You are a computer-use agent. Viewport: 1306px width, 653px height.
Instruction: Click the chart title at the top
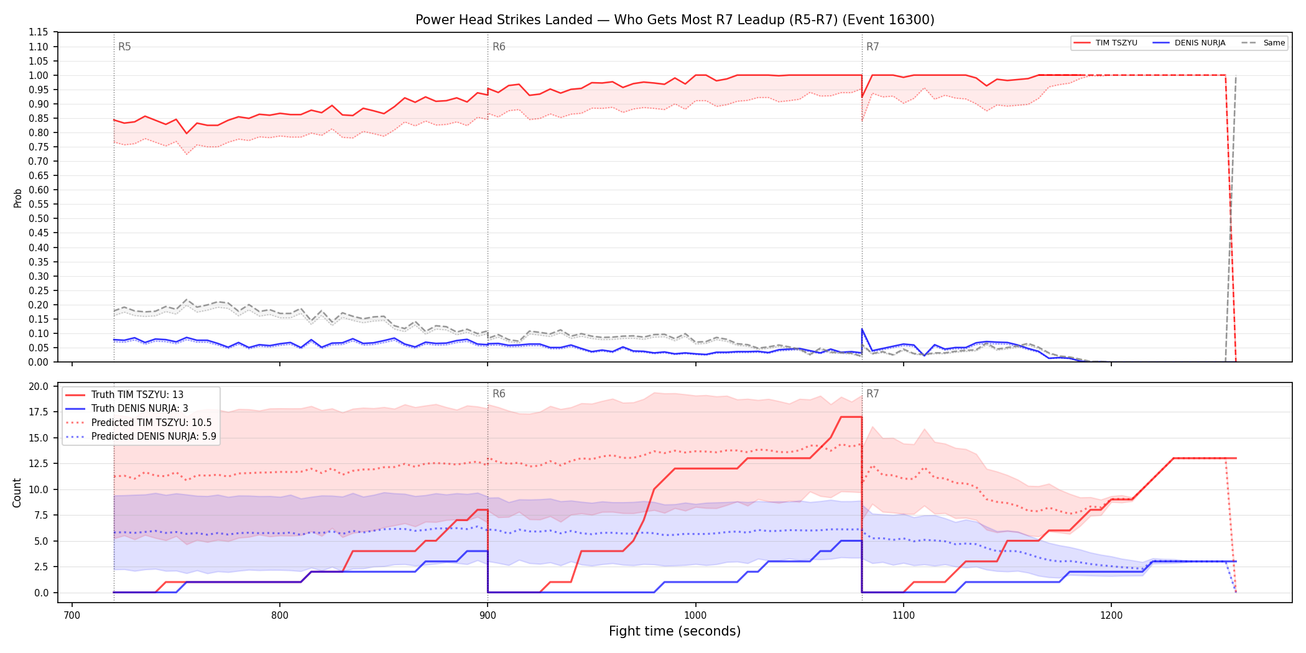675,20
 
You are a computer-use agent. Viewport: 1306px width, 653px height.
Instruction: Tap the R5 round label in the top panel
124,47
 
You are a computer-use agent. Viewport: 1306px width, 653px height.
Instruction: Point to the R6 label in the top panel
499,47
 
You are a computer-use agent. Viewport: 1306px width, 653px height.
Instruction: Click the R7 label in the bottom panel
873,394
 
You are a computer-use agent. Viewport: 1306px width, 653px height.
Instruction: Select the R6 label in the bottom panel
499,394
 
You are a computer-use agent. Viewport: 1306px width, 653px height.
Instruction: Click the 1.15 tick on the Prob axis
39,32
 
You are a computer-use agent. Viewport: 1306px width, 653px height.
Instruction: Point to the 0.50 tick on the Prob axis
39,218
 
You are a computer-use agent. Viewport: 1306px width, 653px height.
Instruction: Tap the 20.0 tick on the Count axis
39,386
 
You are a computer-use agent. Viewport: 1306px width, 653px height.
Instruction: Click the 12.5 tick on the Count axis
39,463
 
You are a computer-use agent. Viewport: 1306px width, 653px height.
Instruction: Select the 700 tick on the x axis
72,615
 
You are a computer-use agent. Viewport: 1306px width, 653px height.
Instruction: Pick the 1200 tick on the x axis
1111,615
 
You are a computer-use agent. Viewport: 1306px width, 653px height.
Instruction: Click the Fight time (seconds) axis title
675,631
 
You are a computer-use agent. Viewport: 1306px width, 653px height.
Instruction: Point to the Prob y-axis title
18,198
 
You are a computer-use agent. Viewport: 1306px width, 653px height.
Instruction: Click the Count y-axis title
17,493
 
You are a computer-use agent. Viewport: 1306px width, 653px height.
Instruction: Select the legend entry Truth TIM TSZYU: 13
137,395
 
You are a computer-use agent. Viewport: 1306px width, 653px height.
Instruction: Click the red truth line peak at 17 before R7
851,417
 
